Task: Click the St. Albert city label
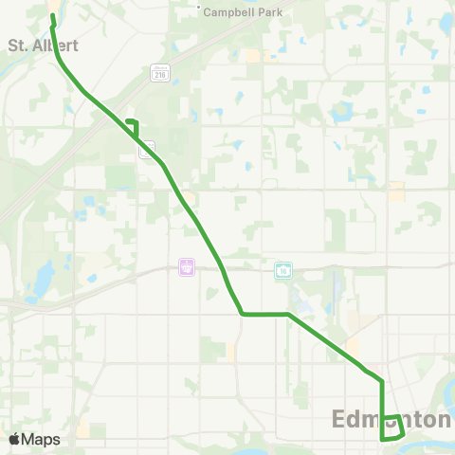tap(42, 45)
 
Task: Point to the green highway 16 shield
tap(284, 269)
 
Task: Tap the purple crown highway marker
tap(187, 267)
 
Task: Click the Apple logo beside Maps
tap(15, 439)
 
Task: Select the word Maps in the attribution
tap(41, 439)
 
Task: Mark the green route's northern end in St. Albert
tap(52, 16)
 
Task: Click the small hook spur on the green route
tap(134, 122)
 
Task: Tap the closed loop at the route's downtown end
tap(391, 428)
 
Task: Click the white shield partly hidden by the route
tap(146, 152)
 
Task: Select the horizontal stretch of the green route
tap(265, 313)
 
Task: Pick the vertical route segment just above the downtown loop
tap(382, 398)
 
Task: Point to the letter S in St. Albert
tap(12, 45)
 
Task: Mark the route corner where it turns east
tap(243, 313)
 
